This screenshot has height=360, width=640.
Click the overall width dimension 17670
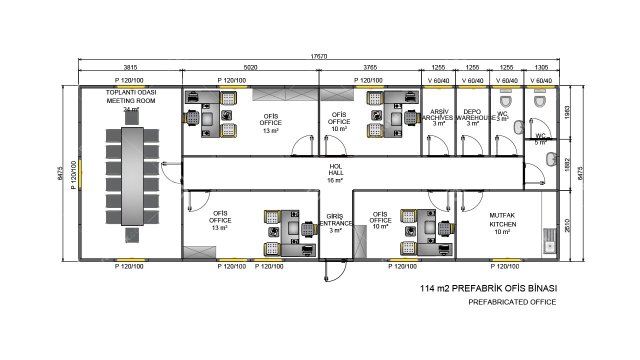tap(318, 56)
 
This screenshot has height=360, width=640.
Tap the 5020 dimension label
tap(250, 67)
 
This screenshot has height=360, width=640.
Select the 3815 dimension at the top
tap(130, 67)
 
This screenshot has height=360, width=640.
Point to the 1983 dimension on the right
tap(567, 112)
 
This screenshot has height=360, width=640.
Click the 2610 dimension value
tap(567, 225)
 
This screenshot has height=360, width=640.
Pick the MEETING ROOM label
tap(131, 101)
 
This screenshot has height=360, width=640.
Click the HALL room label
tap(336, 173)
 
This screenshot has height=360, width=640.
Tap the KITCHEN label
tap(503, 224)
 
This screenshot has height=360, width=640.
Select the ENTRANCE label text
tap(336, 223)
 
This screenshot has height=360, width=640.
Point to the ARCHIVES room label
tap(438, 117)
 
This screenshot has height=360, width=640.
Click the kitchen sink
tap(549, 241)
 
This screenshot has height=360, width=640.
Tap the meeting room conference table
tap(132, 176)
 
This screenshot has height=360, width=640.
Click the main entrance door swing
tap(335, 270)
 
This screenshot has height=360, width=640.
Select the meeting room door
tap(171, 173)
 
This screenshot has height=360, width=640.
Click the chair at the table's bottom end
tap(132, 235)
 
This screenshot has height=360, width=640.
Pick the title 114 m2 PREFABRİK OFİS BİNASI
tap(488, 288)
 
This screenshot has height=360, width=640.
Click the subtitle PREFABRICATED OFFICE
tap(512, 302)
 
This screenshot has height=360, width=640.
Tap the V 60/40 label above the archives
tap(438, 81)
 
